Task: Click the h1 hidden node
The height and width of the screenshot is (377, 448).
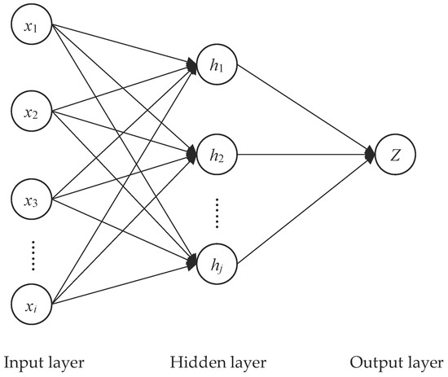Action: pos(216,66)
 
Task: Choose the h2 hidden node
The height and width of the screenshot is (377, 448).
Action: pos(216,152)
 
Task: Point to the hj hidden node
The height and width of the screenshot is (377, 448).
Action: pos(216,262)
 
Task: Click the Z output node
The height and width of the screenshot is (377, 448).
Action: pos(395,152)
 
